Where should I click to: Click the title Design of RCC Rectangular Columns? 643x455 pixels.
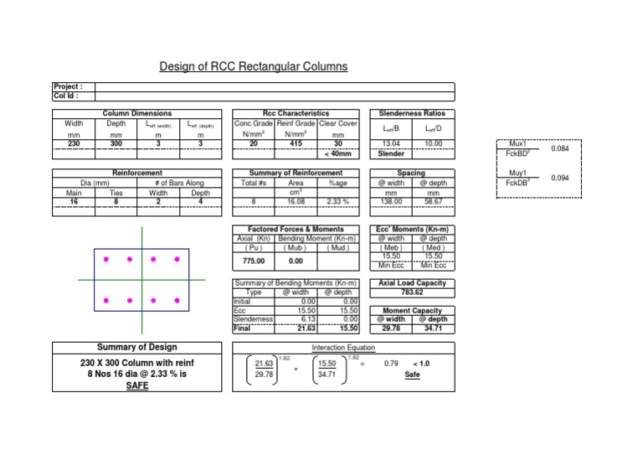254,66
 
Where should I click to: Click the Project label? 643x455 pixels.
67,86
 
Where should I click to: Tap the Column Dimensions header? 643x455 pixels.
137,113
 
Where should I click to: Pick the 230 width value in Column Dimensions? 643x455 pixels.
74,144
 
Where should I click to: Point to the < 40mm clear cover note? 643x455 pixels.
337,154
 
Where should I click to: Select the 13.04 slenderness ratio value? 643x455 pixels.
391,144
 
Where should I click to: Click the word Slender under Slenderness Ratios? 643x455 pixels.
391,154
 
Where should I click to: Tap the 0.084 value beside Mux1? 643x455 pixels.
559,148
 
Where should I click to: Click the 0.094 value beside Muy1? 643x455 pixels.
559,178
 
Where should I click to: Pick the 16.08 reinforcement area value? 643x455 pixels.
296,202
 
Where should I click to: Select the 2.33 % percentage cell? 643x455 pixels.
338,202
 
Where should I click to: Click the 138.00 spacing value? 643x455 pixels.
391,202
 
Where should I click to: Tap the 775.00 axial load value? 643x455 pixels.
253,261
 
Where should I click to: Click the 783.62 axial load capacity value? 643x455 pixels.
412,292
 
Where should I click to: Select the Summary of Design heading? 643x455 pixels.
137,348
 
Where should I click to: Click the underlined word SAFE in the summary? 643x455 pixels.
137,386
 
